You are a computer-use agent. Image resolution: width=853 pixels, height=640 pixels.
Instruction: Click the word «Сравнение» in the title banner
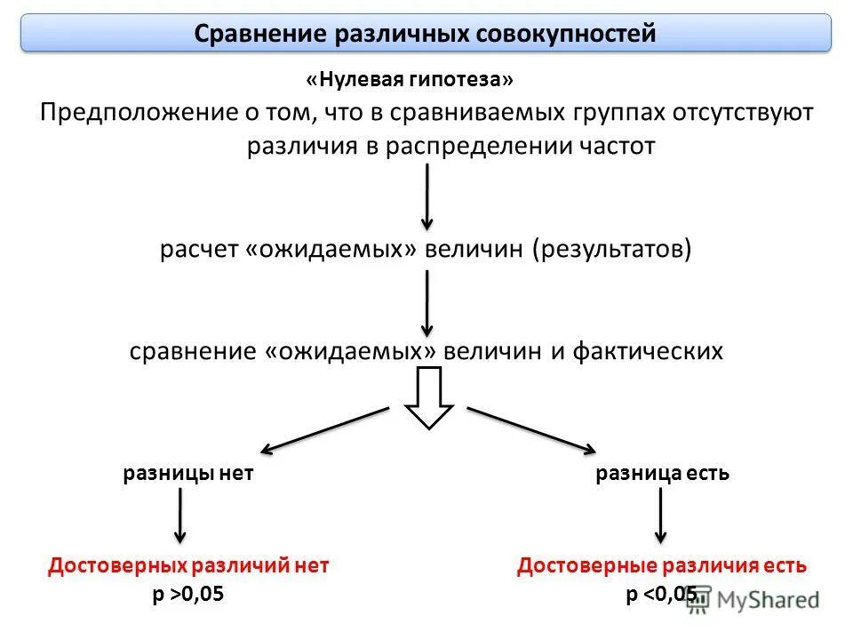point(259,35)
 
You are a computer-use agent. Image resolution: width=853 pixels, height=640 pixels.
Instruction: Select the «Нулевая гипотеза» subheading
point(410,80)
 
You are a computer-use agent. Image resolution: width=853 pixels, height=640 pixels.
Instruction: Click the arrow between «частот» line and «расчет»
point(427,196)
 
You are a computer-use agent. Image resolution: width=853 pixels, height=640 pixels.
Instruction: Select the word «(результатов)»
point(612,249)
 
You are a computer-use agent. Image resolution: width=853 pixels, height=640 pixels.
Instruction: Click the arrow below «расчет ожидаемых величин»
point(427,302)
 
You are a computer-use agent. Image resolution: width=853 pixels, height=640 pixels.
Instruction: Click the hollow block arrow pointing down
point(429,398)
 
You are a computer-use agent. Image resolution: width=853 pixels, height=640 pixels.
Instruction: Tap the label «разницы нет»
point(188,474)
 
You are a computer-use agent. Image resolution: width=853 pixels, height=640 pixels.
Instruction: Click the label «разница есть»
point(662,474)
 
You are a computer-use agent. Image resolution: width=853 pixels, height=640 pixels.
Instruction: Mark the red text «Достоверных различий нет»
point(188,565)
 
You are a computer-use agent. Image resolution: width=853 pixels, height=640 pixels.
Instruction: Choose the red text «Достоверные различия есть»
point(662,565)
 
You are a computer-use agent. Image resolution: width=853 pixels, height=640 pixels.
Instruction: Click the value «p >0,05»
point(188,596)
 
